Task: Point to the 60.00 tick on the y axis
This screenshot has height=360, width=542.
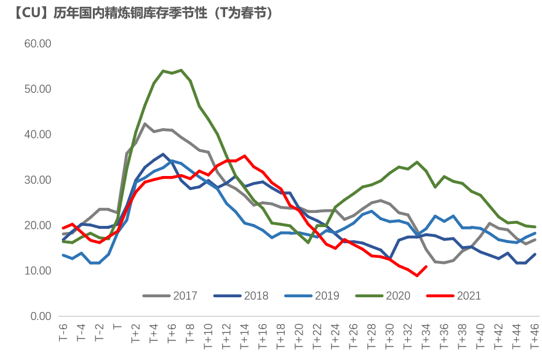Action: click(38, 44)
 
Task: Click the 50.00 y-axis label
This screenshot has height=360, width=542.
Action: click(38, 89)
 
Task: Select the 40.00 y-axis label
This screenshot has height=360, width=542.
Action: click(38, 135)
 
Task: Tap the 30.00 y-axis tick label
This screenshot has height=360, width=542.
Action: click(38, 180)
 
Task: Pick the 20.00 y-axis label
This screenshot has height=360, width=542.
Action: click(38, 226)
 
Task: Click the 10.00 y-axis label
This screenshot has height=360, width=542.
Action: click(38, 271)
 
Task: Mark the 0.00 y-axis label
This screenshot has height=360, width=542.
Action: click(41, 316)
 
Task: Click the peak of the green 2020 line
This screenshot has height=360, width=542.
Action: click(181, 70)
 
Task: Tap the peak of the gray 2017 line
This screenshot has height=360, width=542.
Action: click(145, 124)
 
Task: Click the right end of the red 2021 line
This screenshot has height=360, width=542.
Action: click(426, 266)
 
